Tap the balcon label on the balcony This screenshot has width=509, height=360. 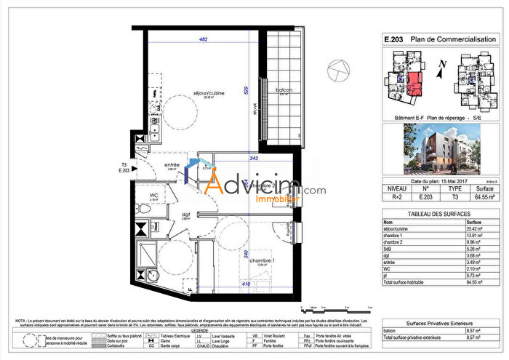[284, 90]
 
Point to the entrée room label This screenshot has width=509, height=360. [172, 165]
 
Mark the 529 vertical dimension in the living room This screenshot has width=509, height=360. [247, 89]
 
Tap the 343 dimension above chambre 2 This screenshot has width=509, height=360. [254, 159]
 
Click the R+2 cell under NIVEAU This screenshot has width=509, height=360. [395, 196]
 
